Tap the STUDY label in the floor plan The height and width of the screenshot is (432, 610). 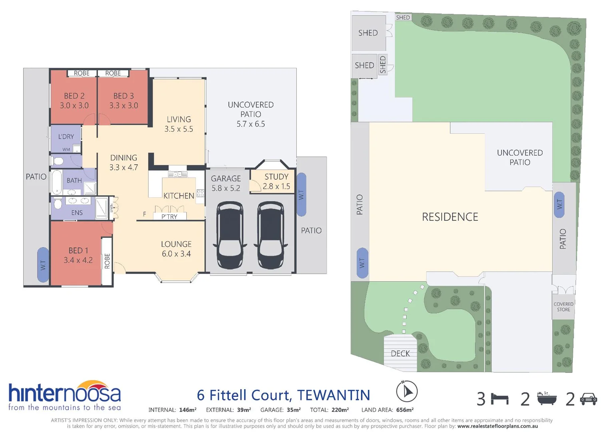[276, 177]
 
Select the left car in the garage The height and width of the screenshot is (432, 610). [229, 235]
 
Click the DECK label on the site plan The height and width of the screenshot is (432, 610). [400, 354]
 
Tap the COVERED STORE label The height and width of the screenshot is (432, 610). [563, 307]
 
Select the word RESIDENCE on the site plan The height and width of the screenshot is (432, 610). [450, 217]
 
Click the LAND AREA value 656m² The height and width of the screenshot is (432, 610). [405, 410]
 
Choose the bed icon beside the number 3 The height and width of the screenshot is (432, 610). [500, 399]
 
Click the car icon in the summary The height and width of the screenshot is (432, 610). [588, 399]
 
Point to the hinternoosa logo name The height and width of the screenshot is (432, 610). [64, 394]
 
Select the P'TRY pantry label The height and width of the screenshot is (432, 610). [169, 217]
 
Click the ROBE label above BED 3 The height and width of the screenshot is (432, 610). [113, 73]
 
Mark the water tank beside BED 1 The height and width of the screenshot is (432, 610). [43, 265]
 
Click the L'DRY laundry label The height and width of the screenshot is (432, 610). [66, 136]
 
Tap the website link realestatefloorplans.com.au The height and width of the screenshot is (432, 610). [497, 426]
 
